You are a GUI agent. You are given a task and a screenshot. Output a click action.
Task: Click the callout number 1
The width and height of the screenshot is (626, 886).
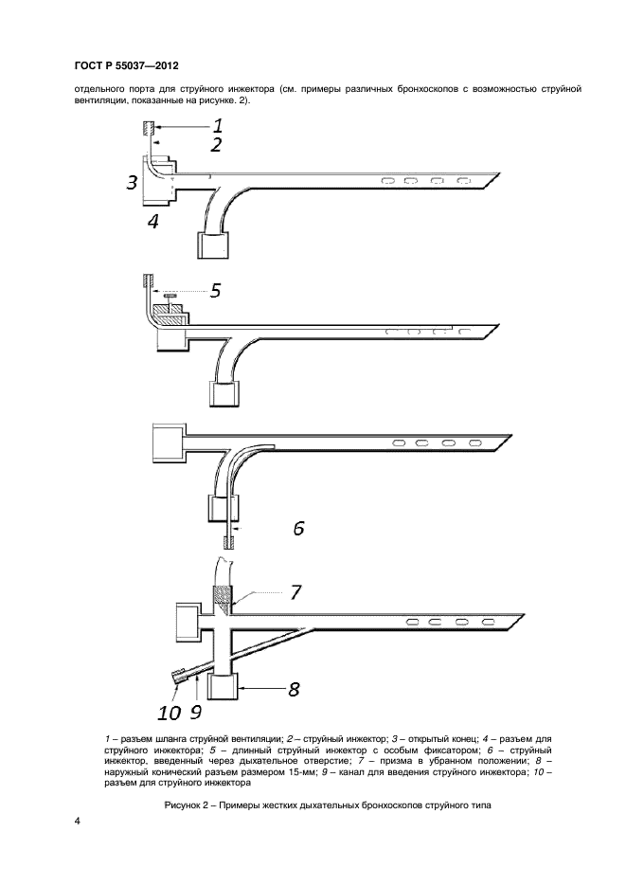tap(216, 124)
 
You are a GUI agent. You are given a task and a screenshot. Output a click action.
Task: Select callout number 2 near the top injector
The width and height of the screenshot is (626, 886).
tap(216, 145)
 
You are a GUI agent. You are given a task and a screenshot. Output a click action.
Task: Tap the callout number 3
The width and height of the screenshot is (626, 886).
tap(132, 183)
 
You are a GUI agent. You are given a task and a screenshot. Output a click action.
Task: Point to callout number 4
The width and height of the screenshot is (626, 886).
tap(152, 222)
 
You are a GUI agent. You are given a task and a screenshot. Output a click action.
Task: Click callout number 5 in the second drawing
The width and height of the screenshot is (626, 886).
tap(214, 290)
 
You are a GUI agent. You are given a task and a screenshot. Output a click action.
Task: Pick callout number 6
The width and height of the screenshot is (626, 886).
tap(298, 529)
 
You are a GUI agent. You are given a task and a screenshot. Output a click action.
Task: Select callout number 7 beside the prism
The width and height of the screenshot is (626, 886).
tap(295, 592)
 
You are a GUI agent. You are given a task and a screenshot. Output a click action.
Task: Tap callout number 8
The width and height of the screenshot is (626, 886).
tap(294, 689)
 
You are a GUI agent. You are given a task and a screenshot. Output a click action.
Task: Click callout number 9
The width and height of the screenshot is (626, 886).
tap(195, 712)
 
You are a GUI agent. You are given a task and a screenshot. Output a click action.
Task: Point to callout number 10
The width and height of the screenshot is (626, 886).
tap(169, 714)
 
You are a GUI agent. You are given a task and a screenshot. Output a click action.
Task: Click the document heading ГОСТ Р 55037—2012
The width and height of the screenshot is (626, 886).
tap(127, 65)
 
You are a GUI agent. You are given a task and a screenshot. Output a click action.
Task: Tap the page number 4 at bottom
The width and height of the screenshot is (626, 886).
tap(78, 821)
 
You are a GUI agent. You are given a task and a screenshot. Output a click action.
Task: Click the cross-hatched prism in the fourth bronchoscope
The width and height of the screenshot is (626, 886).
tap(221, 595)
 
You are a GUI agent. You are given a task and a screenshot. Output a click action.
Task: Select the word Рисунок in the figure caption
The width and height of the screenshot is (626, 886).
tap(180, 805)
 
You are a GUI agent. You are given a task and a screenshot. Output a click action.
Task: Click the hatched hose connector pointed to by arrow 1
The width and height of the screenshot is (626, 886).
tap(148, 127)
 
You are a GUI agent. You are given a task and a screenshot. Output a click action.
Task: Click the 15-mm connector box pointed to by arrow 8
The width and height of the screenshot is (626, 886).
tap(222, 687)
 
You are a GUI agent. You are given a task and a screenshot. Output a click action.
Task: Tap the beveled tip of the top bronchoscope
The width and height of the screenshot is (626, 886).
tap(491, 180)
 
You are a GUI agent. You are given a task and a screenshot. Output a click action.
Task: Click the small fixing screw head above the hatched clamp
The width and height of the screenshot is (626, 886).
tap(170, 296)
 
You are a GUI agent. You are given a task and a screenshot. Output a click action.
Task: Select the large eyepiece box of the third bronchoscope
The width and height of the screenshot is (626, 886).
tap(168, 442)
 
